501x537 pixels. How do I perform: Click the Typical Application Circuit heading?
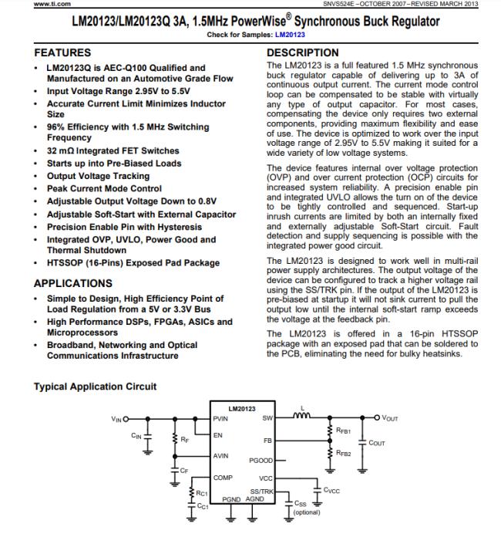tap(96, 386)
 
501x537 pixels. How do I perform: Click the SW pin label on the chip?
tap(267, 419)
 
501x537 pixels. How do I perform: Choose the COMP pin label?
tap(224, 478)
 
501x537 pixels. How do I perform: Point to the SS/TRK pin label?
tap(261, 491)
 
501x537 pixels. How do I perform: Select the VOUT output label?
tap(389, 418)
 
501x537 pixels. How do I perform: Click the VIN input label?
tap(116, 418)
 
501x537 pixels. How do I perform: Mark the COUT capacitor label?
tap(377, 443)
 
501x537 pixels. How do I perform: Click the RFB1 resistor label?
tap(344, 431)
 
